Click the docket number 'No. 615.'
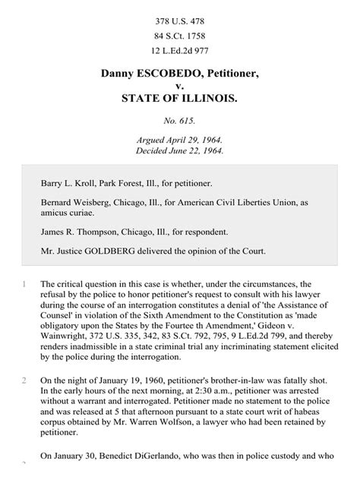pos(180,122)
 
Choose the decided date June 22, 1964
pos(195,150)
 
